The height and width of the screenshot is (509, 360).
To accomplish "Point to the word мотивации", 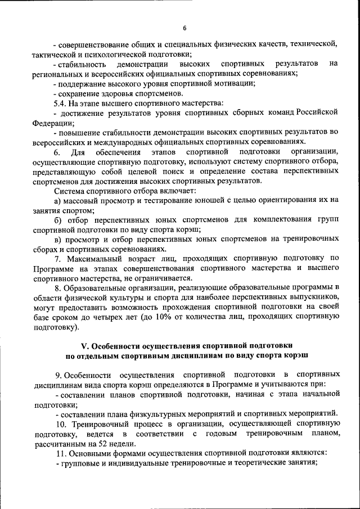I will (232, 83).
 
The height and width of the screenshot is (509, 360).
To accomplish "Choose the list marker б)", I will (57, 220).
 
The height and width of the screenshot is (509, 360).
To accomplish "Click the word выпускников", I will (316, 298).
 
